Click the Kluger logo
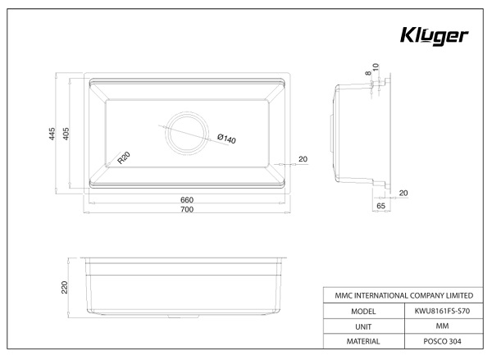pos(433,36)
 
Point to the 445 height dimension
pos(51,135)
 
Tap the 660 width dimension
pos(186,200)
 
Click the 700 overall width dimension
pos(186,211)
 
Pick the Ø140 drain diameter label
pos(226,139)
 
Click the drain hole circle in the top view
pos(186,132)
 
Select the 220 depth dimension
pos(64,287)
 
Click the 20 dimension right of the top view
pos(303,158)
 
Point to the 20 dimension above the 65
pos(403,193)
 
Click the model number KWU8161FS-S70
pos(443,312)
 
